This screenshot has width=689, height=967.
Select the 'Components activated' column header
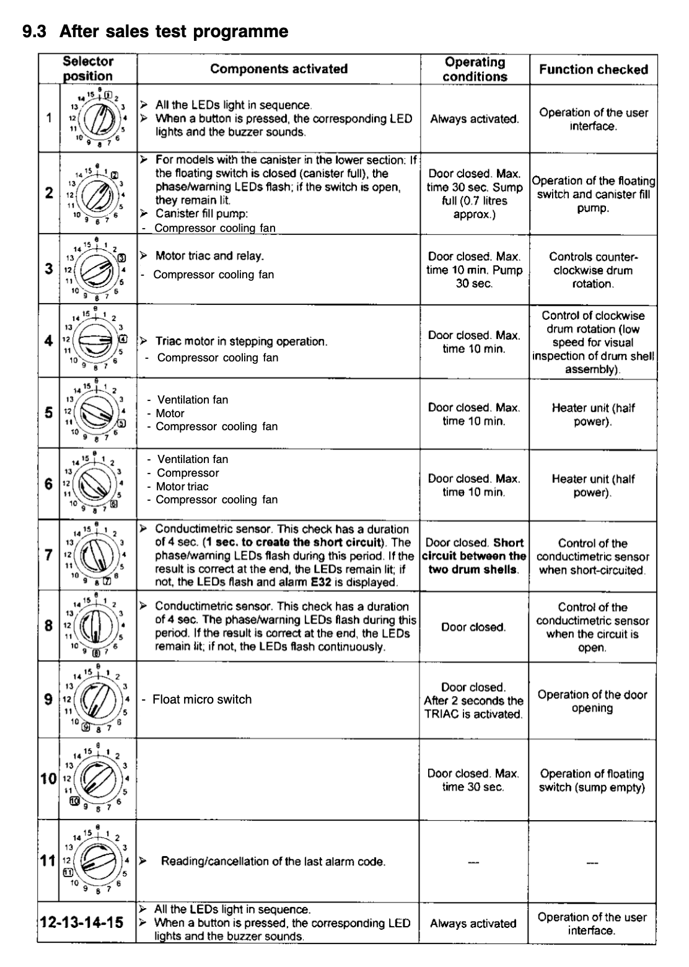279,69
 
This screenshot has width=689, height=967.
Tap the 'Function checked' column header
593,69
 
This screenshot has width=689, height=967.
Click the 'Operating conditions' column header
475,69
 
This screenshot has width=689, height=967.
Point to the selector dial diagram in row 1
96,118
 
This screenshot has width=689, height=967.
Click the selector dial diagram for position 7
96,554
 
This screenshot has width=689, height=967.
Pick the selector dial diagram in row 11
96,860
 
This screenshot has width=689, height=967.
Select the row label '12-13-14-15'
81,922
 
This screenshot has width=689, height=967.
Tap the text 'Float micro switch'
202,699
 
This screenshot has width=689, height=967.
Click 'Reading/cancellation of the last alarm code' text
273,862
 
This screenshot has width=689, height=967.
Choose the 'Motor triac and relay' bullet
209,256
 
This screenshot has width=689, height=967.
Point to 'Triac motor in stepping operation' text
241,342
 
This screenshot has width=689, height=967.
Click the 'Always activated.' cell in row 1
475,119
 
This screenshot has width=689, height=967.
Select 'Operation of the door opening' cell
592,701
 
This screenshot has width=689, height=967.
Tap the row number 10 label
48,779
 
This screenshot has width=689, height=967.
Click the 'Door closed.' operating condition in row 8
473,627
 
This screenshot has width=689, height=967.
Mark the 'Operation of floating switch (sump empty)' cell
592,780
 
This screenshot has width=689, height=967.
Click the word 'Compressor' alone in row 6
188,473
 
